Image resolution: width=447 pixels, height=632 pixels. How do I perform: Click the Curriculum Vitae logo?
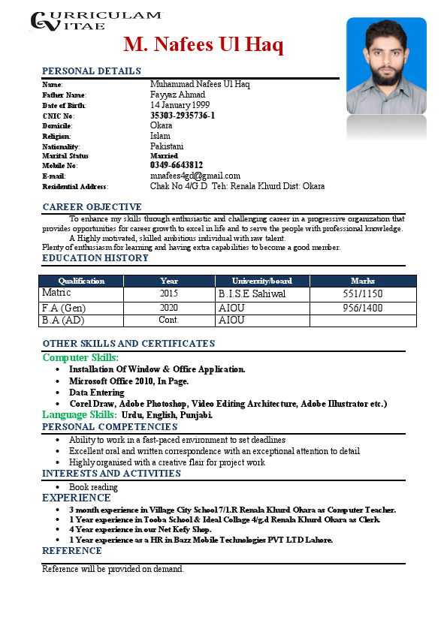(x=95, y=20)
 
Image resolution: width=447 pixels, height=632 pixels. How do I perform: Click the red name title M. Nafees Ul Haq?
(x=204, y=45)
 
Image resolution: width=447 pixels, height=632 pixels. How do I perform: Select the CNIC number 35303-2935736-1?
(x=183, y=116)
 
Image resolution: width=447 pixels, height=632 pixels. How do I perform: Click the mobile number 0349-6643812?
(x=177, y=165)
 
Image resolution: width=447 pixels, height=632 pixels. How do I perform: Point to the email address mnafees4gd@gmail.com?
(x=195, y=176)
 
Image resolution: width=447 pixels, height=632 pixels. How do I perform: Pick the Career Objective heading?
(x=92, y=207)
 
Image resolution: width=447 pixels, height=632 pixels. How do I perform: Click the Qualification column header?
(x=81, y=281)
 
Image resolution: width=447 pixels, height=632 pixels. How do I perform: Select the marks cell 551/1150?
(x=363, y=294)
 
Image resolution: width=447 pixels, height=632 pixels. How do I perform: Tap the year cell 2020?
(x=169, y=308)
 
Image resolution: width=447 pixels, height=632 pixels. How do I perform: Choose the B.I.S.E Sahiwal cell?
(x=252, y=294)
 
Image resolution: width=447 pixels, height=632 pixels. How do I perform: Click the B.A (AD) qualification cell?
(x=63, y=321)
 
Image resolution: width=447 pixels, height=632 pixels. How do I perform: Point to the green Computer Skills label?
(x=80, y=358)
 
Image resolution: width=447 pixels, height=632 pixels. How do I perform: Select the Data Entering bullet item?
(x=97, y=393)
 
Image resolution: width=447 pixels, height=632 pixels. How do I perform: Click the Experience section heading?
(x=77, y=498)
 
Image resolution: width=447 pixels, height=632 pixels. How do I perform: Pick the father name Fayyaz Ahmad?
(x=177, y=95)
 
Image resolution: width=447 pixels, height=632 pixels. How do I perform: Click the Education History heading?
(x=95, y=258)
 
